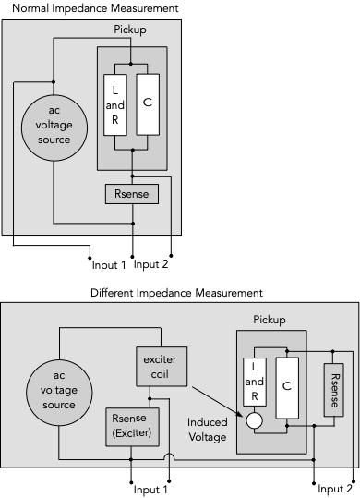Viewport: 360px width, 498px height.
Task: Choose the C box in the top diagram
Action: tap(148, 102)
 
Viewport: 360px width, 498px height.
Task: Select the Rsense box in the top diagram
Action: tap(132, 194)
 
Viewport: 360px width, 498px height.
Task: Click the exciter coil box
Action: tap(162, 367)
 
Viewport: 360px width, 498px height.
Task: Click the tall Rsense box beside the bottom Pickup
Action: tap(334, 392)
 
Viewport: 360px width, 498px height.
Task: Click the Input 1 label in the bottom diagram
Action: tap(149, 489)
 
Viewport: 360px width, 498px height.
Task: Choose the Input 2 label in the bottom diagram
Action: tap(334, 489)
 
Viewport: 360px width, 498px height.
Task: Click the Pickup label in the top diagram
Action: tap(130, 30)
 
